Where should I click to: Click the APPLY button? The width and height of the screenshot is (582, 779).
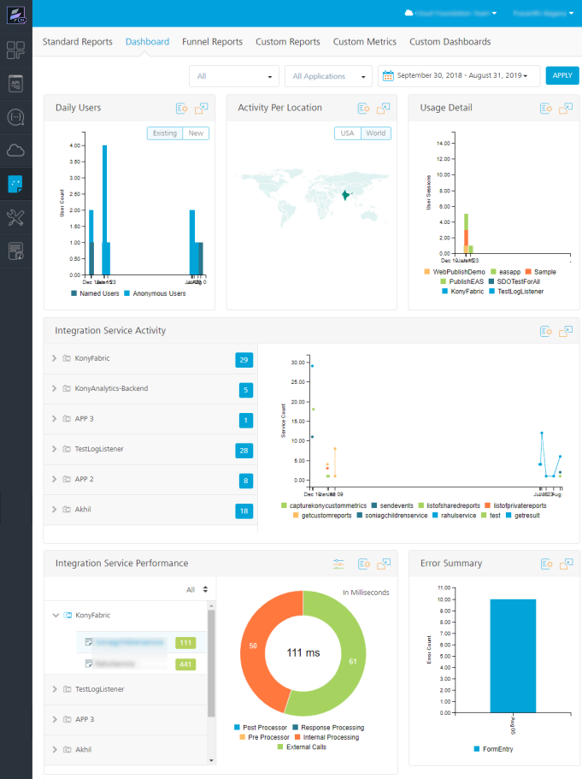[561, 76]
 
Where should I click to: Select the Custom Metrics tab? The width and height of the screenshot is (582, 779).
[364, 42]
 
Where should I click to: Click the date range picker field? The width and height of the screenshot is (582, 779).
[458, 76]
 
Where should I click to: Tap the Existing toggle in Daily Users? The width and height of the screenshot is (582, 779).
[165, 133]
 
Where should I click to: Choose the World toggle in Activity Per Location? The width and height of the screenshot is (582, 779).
[375, 133]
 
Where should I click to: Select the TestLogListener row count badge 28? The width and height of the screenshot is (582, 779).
[244, 450]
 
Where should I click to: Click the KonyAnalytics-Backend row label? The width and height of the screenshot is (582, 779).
[111, 388]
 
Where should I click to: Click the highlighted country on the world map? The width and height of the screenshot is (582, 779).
[345, 196]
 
